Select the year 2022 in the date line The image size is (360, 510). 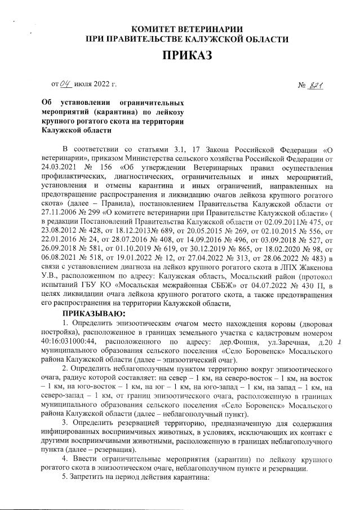point(100,85)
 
